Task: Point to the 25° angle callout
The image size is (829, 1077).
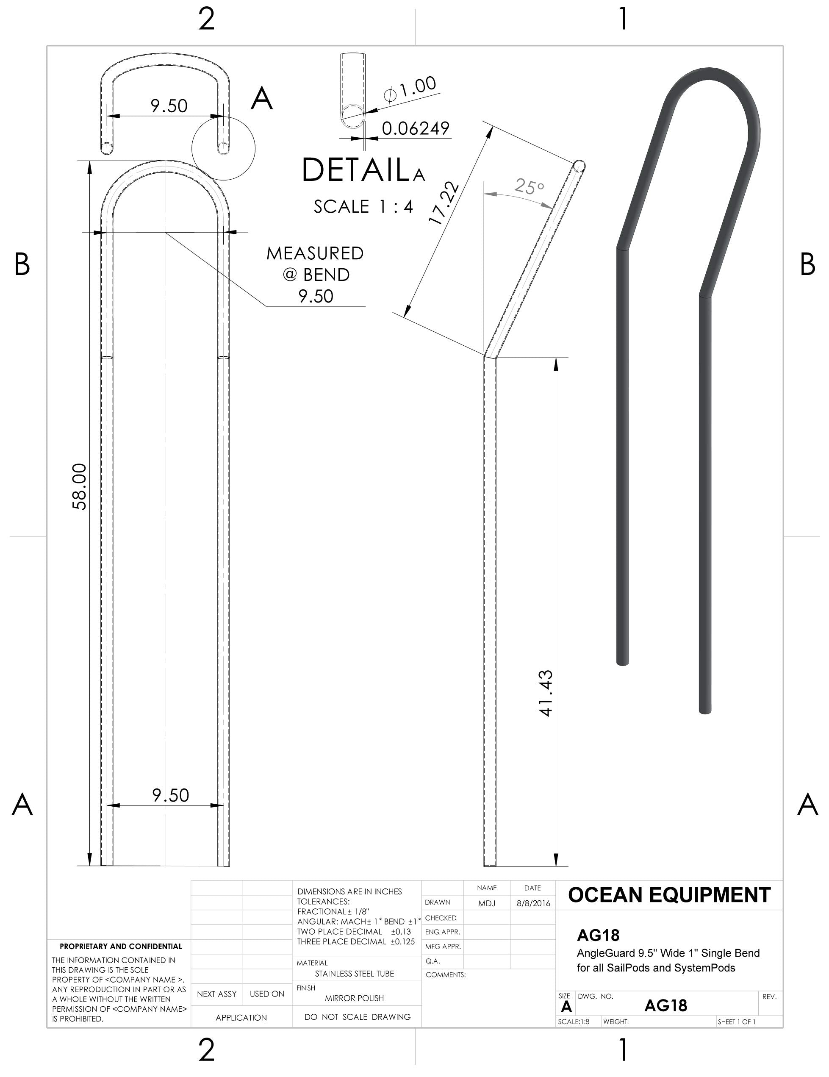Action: [x=529, y=186]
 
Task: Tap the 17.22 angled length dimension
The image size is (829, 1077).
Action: [x=444, y=204]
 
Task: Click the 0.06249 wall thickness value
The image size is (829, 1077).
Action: [x=415, y=128]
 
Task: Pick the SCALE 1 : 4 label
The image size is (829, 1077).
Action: [x=363, y=207]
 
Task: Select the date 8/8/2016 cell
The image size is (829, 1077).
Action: [x=532, y=903]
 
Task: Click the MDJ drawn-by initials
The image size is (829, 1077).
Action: [x=486, y=903]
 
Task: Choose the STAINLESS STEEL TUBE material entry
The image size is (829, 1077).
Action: [x=354, y=974]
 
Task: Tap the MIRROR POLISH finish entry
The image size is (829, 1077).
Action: [x=354, y=998]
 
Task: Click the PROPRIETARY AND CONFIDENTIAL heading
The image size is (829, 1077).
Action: [x=121, y=947]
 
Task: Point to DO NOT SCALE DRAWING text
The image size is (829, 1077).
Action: [x=357, y=1017]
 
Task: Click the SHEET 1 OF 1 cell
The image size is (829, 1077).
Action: [x=736, y=1022]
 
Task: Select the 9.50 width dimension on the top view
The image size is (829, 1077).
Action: [x=169, y=105]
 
